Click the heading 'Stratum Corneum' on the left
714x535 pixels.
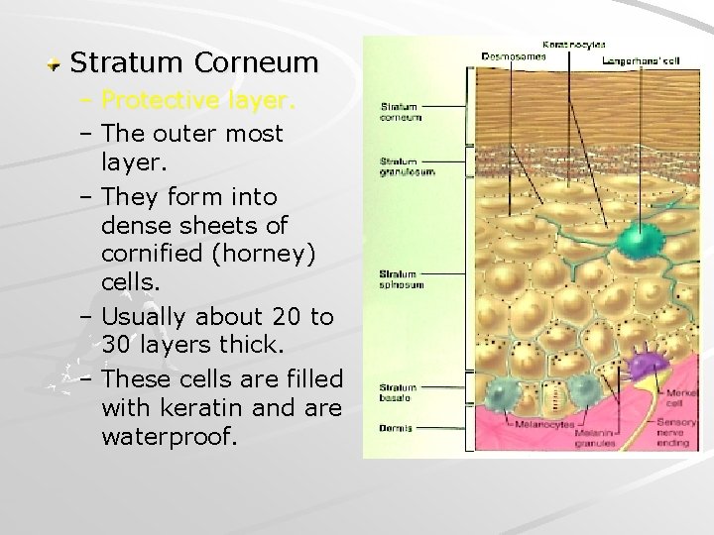194,63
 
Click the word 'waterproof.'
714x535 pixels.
170,436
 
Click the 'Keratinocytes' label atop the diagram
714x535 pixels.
574,44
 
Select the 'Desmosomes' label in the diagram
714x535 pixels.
513,56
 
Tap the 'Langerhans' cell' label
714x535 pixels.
641,60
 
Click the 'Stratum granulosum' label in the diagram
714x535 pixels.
407,165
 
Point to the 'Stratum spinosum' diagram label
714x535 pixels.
402,279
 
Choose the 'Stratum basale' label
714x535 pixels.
398,393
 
